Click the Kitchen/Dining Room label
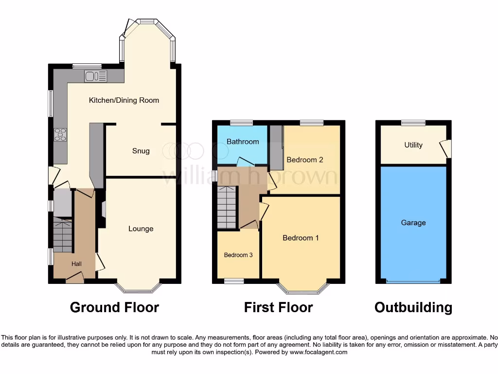tap(124, 100)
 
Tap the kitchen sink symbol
tap(95, 75)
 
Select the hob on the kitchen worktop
tap(60, 134)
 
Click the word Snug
tap(141, 151)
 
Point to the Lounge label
tap(141, 229)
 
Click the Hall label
tap(76, 264)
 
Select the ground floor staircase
tap(62, 235)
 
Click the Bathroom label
tap(243, 142)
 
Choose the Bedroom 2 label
tap(304, 160)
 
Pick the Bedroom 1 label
tap(301, 238)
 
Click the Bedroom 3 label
tap(238, 255)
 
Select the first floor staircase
tap(227, 207)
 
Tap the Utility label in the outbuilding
tap(413, 145)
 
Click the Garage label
tap(413, 223)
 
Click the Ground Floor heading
tap(114, 307)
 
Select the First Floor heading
tap(278, 307)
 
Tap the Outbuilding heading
tap(413, 307)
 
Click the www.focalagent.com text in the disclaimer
tap(318, 352)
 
